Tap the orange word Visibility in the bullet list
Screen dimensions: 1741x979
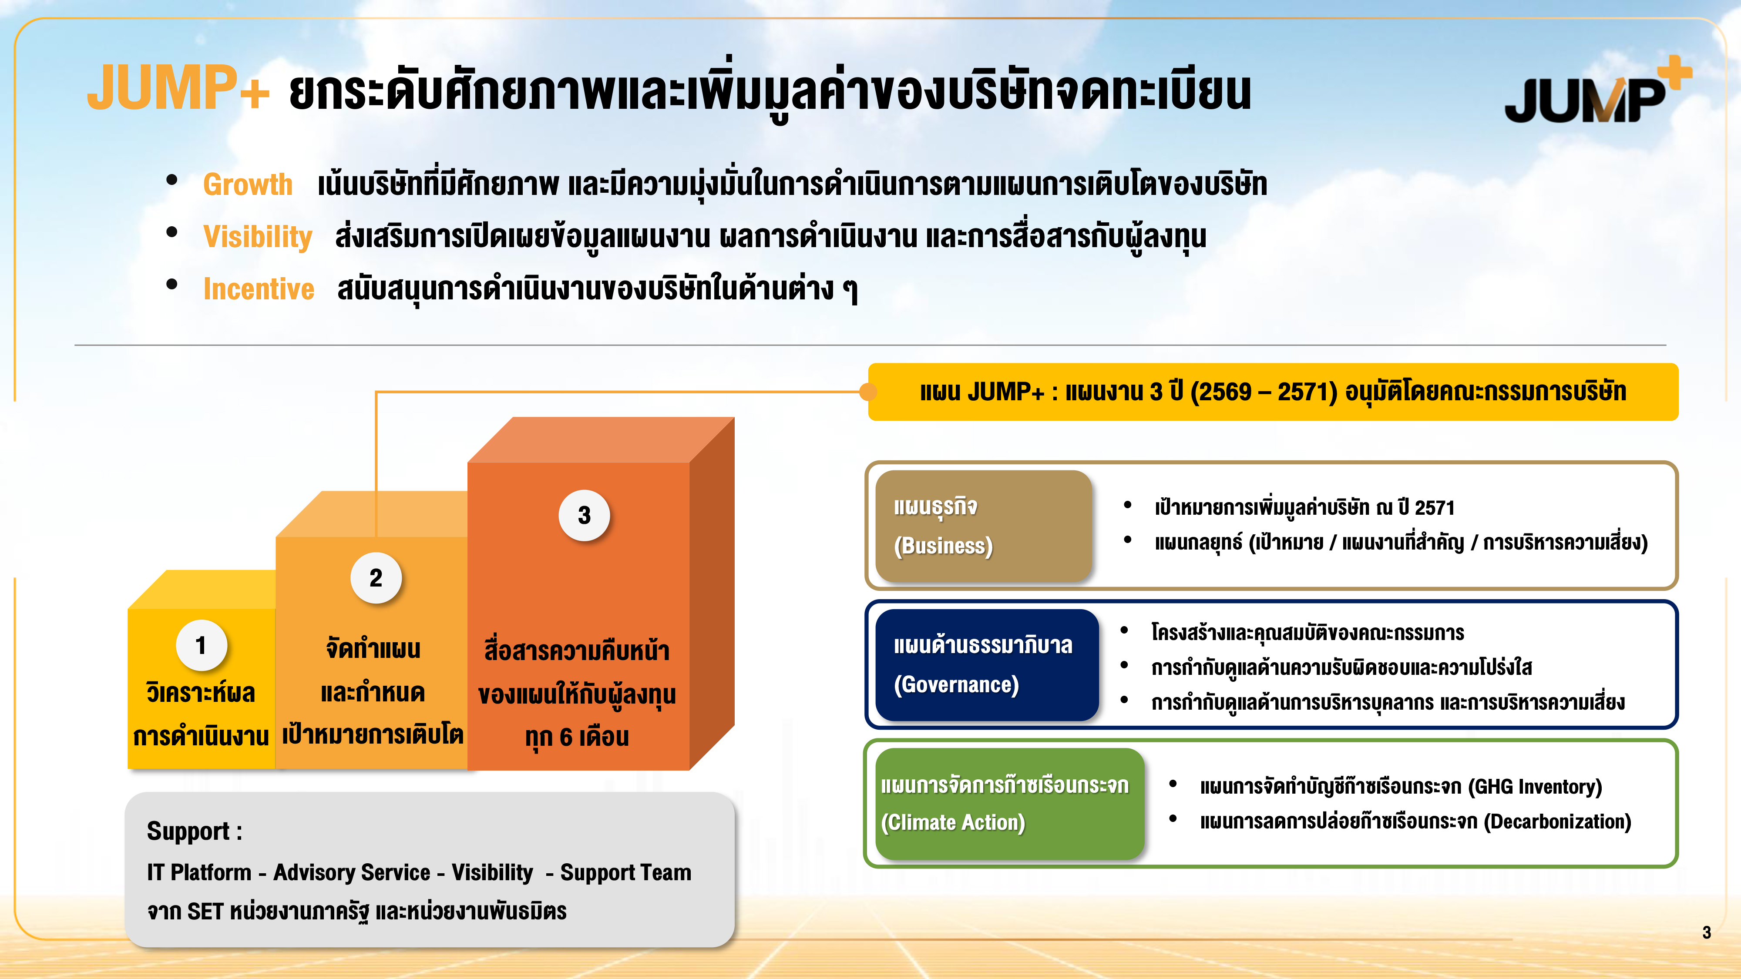pos(258,236)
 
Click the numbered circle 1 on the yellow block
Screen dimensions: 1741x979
pos(201,645)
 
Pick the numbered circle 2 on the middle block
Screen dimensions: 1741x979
pos(376,578)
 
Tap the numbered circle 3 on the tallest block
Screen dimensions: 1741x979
pos(584,516)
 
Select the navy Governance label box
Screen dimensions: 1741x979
pos(987,665)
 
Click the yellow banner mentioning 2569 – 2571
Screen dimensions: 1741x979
pos(1273,392)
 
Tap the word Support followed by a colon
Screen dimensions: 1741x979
pos(195,831)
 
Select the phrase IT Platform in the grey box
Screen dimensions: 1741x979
pos(199,872)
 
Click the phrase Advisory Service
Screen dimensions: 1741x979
pos(351,872)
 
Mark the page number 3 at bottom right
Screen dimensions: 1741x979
pos(1707,933)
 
